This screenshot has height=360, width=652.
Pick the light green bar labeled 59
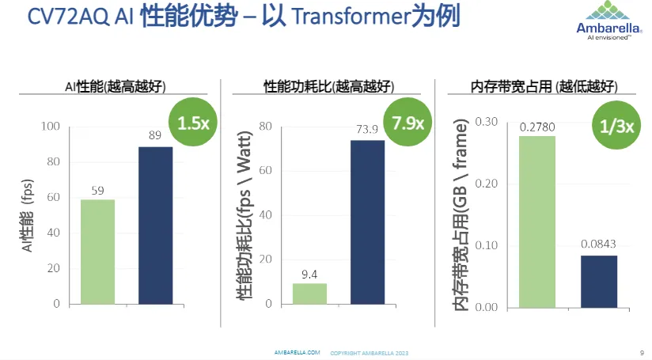tap(97, 252)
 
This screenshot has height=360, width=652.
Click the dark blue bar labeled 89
tap(155, 225)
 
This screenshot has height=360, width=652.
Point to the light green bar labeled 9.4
tap(309, 294)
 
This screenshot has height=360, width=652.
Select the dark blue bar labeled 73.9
tap(368, 222)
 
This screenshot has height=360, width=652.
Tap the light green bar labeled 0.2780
tap(537, 222)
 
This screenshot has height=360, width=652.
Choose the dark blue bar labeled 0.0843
tap(598, 281)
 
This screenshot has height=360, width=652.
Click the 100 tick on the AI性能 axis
tap(50, 127)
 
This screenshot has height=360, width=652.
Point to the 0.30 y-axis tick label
tap(487, 121)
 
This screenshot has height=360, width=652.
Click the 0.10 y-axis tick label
tap(487, 245)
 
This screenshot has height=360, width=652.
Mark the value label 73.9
tap(368, 130)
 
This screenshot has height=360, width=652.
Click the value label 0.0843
tap(598, 244)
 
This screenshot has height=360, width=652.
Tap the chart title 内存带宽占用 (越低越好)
tap(544, 86)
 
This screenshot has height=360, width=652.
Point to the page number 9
tap(640, 352)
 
